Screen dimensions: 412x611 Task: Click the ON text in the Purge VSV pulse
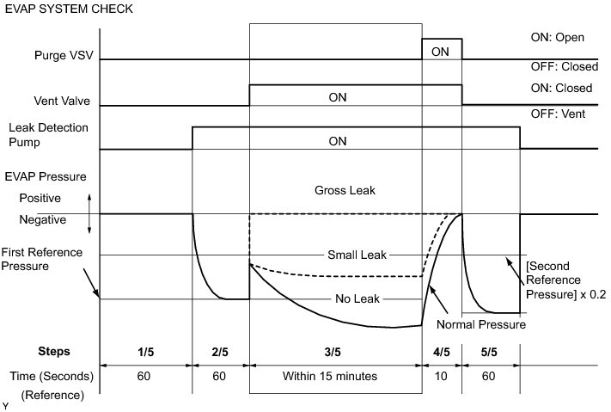tap(441, 51)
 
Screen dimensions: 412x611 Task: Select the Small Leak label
tap(357, 255)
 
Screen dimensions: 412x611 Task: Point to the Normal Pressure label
tap(481, 324)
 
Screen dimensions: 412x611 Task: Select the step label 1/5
tap(145, 351)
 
